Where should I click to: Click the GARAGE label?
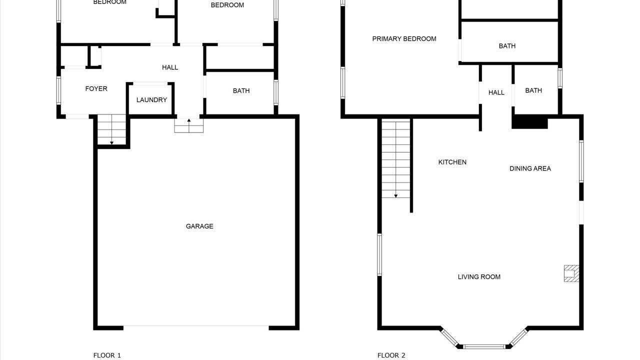pyautogui.click(x=199, y=226)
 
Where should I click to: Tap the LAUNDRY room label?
pyautogui.click(x=151, y=99)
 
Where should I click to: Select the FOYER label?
pyautogui.click(x=96, y=88)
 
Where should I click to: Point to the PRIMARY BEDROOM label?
pyautogui.click(x=404, y=38)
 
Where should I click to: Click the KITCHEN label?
pyautogui.click(x=452, y=162)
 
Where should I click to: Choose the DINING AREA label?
pyautogui.click(x=530, y=168)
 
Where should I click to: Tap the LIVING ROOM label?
pyautogui.click(x=479, y=276)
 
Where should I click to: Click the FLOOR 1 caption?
pyautogui.click(x=107, y=355)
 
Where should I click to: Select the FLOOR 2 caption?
pyautogui.click(x=391, y=355)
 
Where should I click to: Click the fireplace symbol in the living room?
pyautogui.click(x=571, y=273)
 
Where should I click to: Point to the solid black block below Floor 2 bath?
pyautogui.click(x=529, y=122)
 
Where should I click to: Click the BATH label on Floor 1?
pyautogui.click(x=241, y=91)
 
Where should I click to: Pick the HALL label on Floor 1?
pyautogui.click(x=170, y=67)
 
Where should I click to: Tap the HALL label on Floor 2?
pyautogui.click(x=496, y=92)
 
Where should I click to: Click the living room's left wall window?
pyautogui.click(x=379, y=254)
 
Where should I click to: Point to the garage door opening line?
pyautogui.click(x=196, y=326)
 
